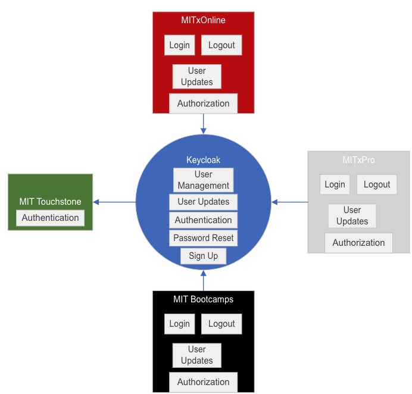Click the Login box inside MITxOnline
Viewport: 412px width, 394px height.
point(179,45)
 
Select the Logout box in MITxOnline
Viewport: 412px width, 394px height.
point(221,45)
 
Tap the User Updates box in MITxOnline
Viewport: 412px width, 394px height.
point(196,76)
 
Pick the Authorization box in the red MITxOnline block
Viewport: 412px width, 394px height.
point(203,104)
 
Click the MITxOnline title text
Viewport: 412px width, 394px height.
point(203,20)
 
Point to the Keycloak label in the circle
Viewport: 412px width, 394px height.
point(203,160)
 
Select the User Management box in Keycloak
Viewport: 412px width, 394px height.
point(203,180)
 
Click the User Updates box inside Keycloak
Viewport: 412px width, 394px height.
point(203,202)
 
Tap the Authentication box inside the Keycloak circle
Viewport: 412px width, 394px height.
point(203,220)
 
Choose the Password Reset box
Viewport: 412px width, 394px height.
point(203,238)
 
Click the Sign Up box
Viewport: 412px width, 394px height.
point(203,256)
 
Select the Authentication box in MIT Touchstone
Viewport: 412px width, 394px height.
point(50,218)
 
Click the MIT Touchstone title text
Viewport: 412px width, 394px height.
point(50,202)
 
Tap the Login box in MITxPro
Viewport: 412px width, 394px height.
point(335,185)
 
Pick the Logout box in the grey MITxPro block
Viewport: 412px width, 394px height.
point(377,185)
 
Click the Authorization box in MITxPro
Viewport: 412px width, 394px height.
point(358,243)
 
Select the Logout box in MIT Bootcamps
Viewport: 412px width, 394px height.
point(221,324)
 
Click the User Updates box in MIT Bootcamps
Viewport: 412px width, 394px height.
point(196,355)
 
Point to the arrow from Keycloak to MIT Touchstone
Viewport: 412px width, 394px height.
point(114,202)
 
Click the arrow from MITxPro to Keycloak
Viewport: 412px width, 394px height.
point(290,202)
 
